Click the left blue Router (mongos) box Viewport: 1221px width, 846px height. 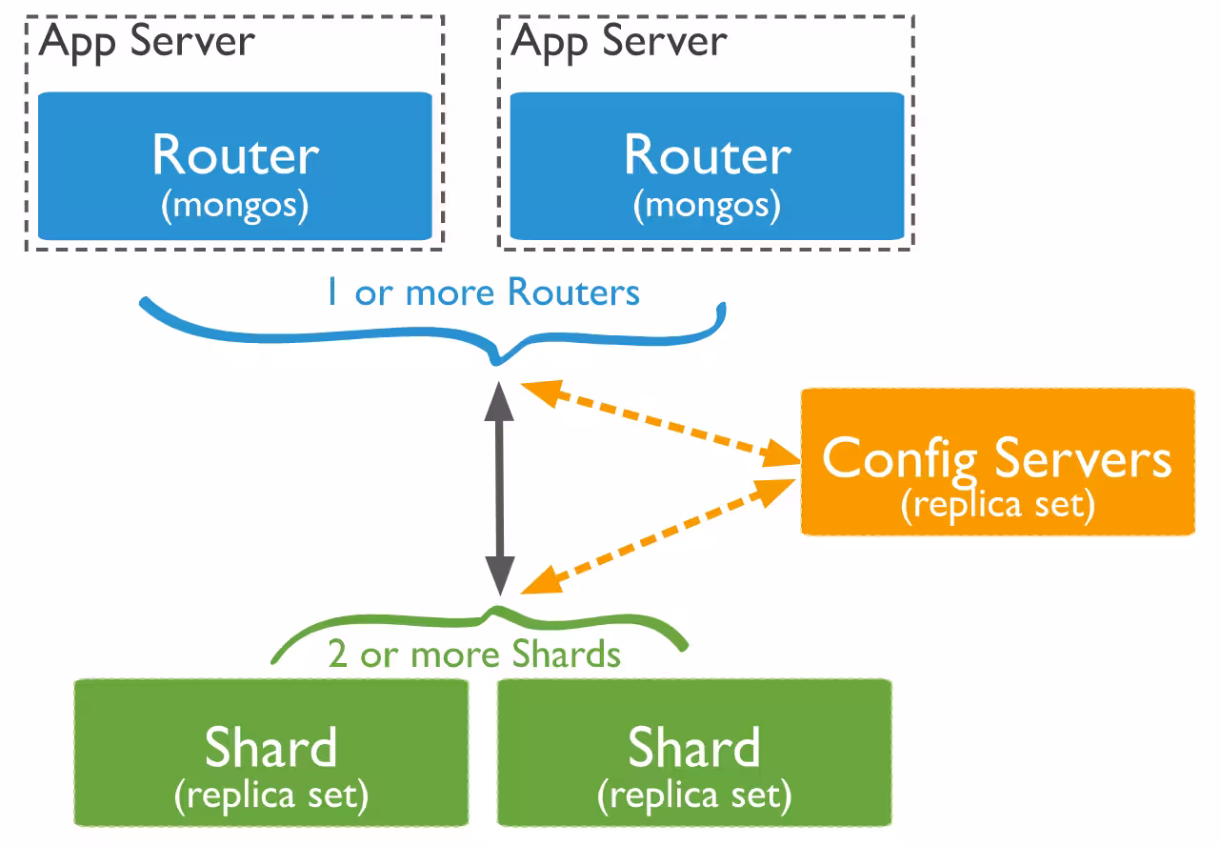point(234,166)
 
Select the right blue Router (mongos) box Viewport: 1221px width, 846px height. point(707,166)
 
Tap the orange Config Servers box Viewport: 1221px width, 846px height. point(997,462)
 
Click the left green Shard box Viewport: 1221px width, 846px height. point(271,753)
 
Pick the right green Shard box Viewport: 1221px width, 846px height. point(694,753)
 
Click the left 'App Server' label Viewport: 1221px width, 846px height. point(148,42)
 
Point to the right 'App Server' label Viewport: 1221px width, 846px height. point(620,42)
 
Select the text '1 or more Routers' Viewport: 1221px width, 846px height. point(483,292)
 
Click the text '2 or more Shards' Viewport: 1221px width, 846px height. point(474,655)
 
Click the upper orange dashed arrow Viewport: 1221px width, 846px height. point(657,424)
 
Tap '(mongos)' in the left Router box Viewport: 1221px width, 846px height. point(234,206)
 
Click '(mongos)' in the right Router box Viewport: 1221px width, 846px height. point(707,206)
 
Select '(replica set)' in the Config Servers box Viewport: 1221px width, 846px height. point(997,504)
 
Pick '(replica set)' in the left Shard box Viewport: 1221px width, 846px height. point(271,794)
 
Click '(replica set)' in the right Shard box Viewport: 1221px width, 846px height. point(694,794)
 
